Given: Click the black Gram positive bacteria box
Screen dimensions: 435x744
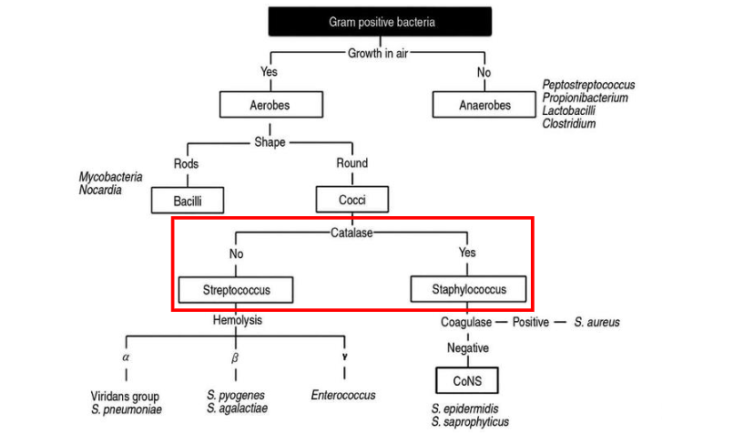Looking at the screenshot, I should pyautogui.click(x=380, y=22).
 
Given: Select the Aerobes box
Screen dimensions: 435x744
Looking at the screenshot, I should pyautogui.click(x=270, y=105).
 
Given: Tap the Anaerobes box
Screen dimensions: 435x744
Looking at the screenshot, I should pyautogui.click(x=484, y=105).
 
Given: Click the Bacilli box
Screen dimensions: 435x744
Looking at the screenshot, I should pyautogui.click(x=187, y=200).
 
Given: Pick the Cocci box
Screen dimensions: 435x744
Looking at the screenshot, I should pyautogui.click(x=352, y=200).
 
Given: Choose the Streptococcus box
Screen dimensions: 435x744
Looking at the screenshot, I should pyautogui.click(x=236, y=290).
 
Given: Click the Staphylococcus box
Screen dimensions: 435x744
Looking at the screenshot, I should pyautogui.click(x=467, y=290).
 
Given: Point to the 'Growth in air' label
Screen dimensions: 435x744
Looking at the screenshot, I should pyautogui.click(x=378, y=53).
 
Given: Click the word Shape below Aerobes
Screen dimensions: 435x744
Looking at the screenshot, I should pyautogui.click(x=270, y=142).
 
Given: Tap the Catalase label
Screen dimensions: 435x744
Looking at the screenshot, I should pyautogui.click(x=352, y=232).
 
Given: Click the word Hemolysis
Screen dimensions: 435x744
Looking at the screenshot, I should pyautogui.click(x=237, y=321).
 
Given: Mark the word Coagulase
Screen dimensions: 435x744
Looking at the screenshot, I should pyautogui.click(x=466, y=322).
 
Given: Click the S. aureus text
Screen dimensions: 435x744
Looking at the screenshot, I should pyautogui.click(x=596, y=322).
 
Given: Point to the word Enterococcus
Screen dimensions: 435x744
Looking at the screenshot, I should pyautogui.click(x=343, y=395).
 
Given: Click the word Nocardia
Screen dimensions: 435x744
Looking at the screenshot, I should pyautogui.click(x=100, y=190).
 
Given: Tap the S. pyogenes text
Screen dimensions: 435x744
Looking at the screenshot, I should pyautogui.click(x=236, y=395).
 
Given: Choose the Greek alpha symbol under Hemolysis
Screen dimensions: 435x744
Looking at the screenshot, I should pyautogui.click(x=126, y=357).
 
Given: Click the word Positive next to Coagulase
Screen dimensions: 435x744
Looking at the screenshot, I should pyautogui.click(x=531, y=322).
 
